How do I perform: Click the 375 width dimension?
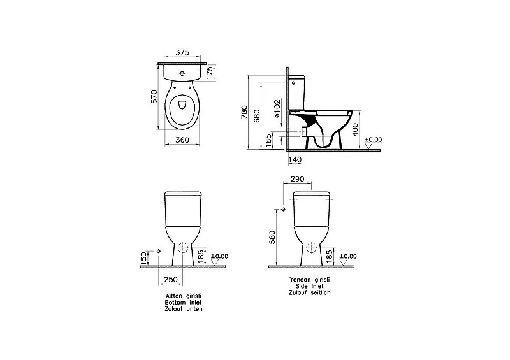[x=182, y=52]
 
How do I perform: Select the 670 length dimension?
[x=154, y=97]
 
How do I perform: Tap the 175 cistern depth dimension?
[x=210, y=73]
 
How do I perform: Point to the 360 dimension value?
[x=182, y=140]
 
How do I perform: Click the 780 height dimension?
[x=244, y=112]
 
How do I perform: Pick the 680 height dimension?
[x=257, y=116]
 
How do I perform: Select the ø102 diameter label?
[x=277, y=108]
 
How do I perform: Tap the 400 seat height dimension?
[x=356, y=129]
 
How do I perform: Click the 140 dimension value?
[x=295, y=160]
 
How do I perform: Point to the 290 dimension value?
[x=298, y=179]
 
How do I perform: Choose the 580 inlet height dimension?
[x=272, y=237]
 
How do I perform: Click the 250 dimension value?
[x=171, y=279]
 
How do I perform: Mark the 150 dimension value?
[x=143, y=258]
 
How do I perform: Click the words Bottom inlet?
[x=184, y=303]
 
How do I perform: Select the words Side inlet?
[x=309, y=286]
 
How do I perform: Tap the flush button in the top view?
[x=182, y=73]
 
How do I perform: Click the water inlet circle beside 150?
[x=158, y=251]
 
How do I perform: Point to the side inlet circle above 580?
[x=283, y=210]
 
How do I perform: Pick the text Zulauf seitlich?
[x=310, y=292]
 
